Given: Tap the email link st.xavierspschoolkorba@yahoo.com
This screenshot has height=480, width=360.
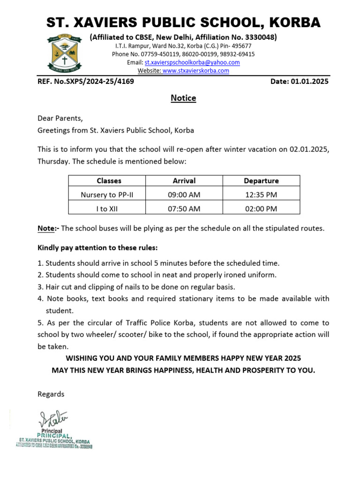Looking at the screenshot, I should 192,62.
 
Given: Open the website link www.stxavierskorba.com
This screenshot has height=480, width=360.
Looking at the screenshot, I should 195,71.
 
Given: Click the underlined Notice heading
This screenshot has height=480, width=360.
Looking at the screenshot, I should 183,98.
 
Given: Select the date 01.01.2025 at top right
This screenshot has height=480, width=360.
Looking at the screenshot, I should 309,82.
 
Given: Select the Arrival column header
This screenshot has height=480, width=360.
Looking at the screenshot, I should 184,180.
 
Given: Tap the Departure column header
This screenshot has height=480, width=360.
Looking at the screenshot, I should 261,180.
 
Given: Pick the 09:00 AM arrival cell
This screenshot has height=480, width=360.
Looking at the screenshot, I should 184,195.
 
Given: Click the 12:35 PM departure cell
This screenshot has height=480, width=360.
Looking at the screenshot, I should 261,195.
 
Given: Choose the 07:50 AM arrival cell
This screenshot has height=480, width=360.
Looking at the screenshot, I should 184,209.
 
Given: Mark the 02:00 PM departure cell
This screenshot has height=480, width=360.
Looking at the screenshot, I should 261,209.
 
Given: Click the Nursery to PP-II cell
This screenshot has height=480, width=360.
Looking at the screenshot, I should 107,195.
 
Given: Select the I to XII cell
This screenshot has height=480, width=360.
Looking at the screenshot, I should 107,209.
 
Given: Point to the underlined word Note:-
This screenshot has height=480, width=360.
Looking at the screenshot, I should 48,228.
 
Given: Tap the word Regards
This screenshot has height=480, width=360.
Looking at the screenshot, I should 51,394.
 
